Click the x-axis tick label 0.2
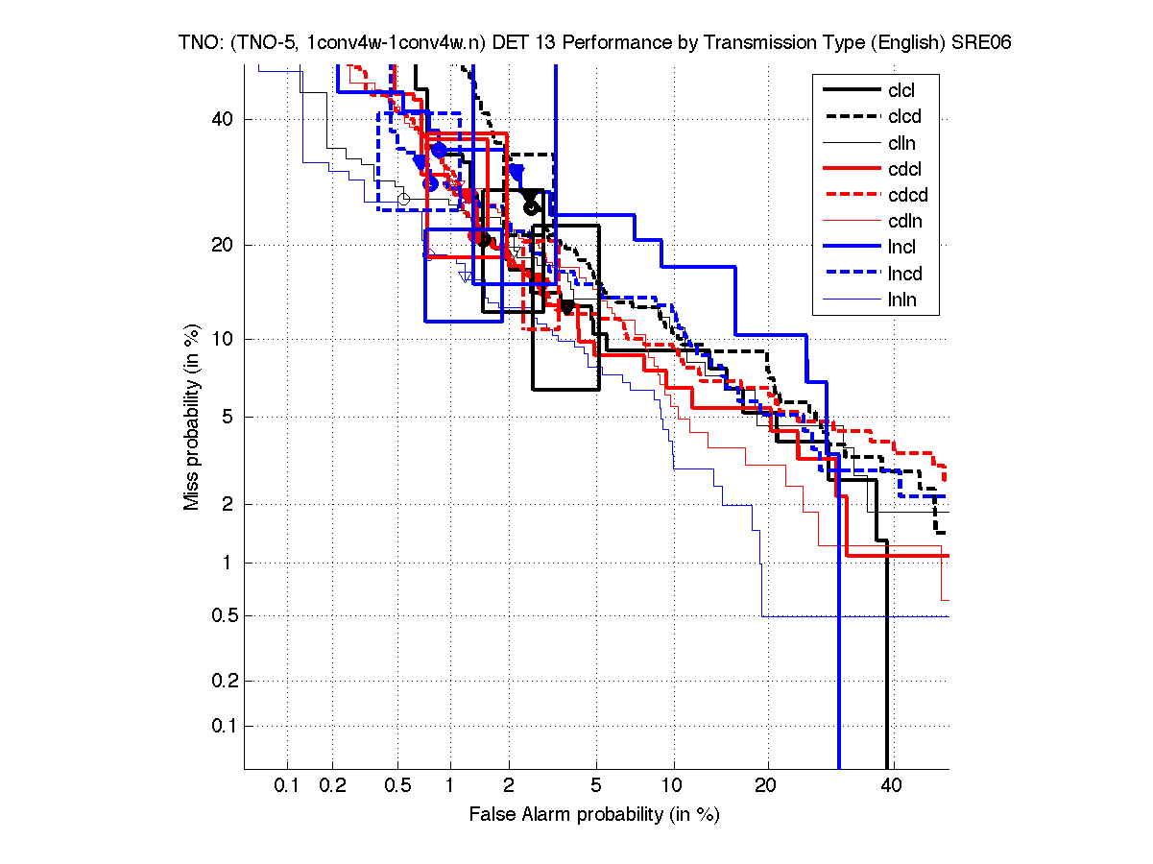(332, 786)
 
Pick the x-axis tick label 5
(596, 786)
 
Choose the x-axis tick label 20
(765, 786)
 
